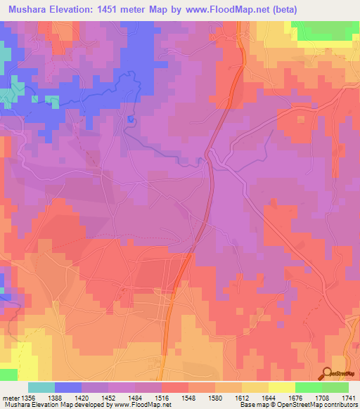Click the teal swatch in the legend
pos(41,387)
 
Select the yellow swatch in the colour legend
pos(281,387)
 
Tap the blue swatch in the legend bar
pos(67,387)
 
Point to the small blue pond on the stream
pos(130,119)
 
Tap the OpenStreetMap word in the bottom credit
pos(291,405)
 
